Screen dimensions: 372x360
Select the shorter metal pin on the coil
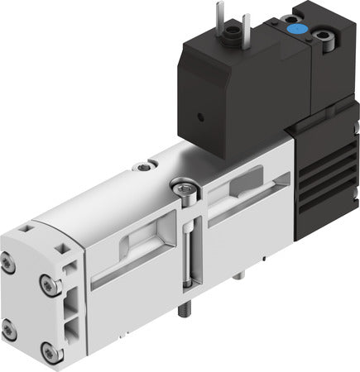pos(246,20)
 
